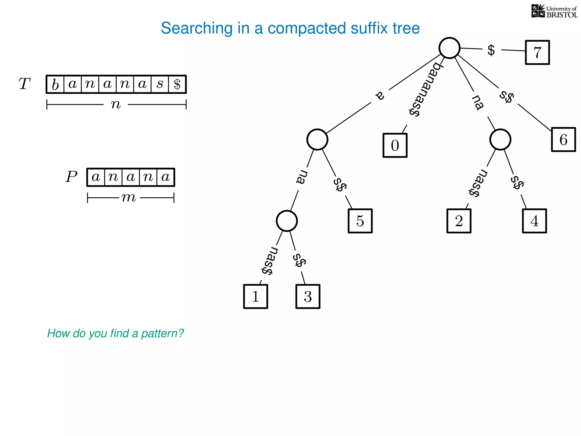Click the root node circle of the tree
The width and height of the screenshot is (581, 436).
point(449,48)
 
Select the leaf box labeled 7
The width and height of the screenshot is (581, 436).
point(537,53)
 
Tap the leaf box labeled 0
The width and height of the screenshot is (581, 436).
point(395,145)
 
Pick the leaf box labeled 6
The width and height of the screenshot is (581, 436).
point(563,140)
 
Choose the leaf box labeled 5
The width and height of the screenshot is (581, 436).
point(360,221)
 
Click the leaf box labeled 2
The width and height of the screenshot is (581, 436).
point(459,221)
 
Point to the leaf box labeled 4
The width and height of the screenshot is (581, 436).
point(534,221)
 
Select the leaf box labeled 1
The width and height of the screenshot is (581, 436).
point(256,296)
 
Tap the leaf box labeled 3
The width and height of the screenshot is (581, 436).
point(308,296)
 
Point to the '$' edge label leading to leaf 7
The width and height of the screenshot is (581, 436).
point(491,50)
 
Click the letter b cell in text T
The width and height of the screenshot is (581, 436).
point(55,84)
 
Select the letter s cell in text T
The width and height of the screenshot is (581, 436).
point(160,84)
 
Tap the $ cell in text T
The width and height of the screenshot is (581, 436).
point(177,84)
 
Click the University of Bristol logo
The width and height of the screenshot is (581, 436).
point(554,11)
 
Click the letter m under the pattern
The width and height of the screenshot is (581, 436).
point(129,197)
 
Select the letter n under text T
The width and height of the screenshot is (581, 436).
point(116,104)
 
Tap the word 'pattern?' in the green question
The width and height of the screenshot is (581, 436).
point(163,333)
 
